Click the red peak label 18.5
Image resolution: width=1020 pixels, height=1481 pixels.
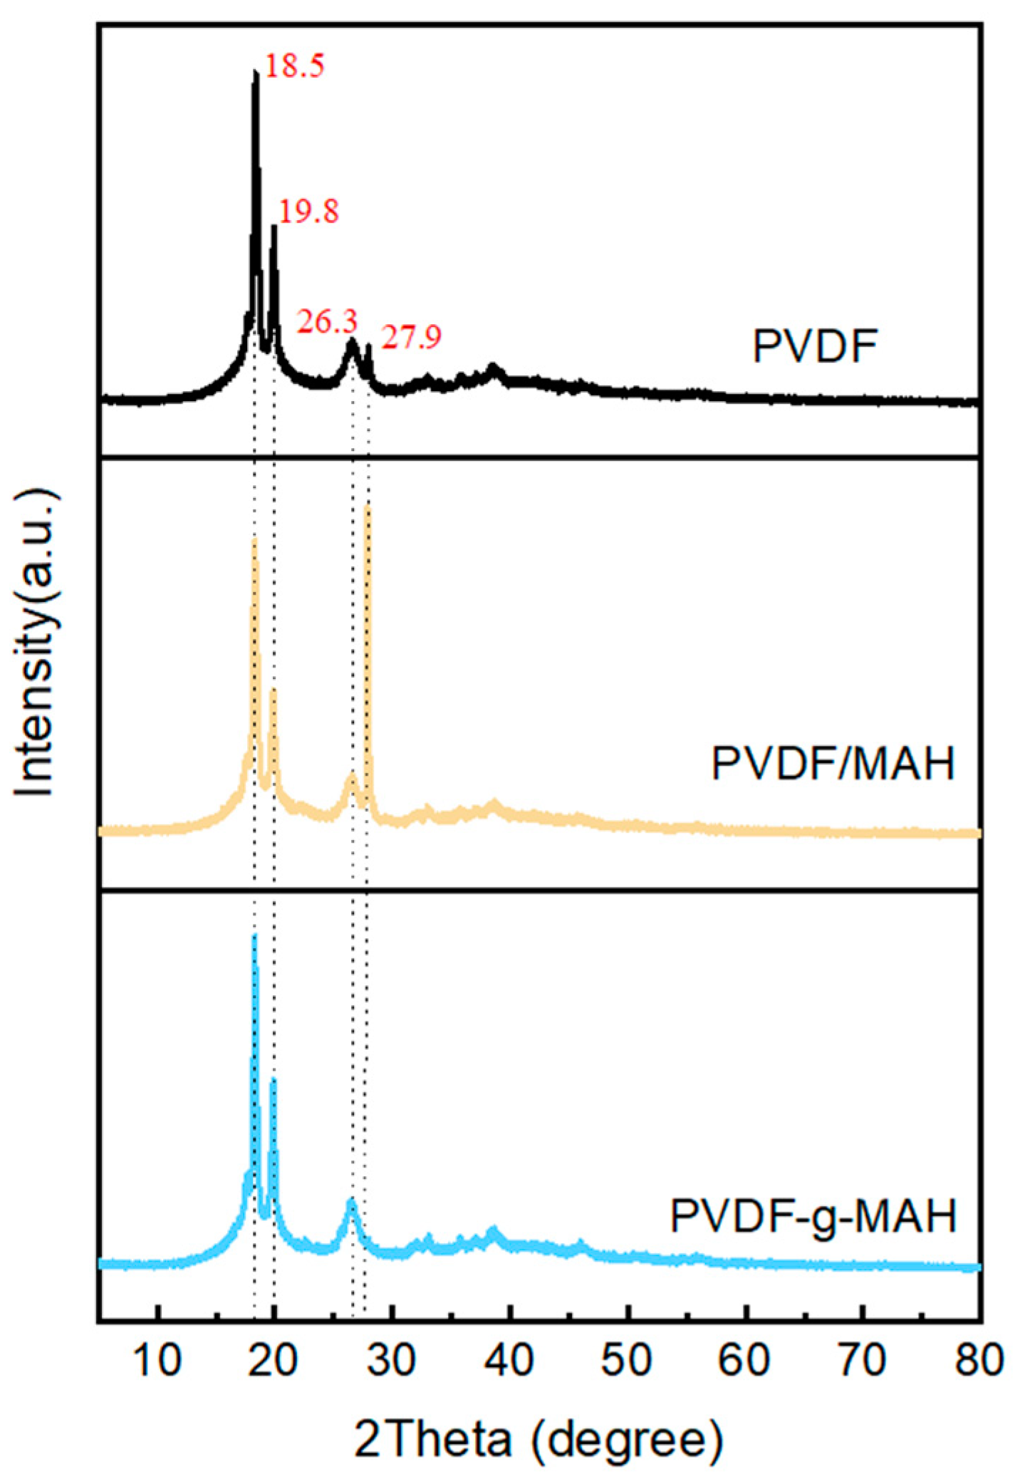[x=295, y=66]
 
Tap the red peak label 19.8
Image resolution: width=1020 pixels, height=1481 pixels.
[x=308, y=212]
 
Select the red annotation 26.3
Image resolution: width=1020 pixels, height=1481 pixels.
[x=327, y=323]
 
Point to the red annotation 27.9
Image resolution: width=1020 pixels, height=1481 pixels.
[x=411, y=337]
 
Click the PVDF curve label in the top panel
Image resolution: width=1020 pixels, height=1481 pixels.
[x=815, y=347]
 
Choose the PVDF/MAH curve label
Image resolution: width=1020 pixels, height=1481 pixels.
[x=833, y=764]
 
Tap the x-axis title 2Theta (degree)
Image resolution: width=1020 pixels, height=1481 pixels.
[x=538, y=1440]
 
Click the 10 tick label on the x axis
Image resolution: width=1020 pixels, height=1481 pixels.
[x=157, y=1359]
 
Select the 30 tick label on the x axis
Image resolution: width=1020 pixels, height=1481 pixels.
[x=392, y=1359]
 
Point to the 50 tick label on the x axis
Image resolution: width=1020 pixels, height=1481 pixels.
[x=627, y=1359]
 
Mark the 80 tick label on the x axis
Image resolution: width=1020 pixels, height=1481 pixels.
[x=979, y=1359]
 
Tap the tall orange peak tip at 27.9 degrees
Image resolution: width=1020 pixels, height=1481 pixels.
[x=368, y=506]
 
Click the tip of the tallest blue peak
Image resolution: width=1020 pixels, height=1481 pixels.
[x=254, y=937]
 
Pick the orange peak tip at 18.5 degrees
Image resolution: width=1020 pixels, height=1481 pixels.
[x=254, y=541]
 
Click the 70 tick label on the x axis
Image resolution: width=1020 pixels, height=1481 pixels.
[x=862, y=1359]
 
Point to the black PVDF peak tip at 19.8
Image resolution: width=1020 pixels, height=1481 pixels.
[x=274, y=227]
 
